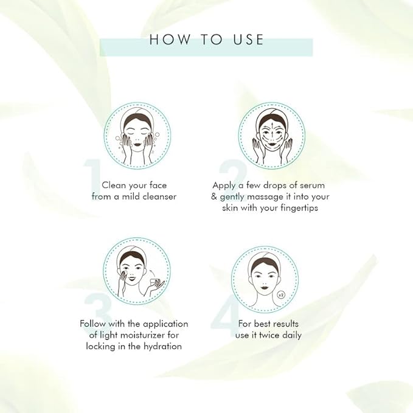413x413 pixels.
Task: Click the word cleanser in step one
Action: point(156,196)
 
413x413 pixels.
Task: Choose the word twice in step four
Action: point(268,335)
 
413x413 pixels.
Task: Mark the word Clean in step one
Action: point(113,185)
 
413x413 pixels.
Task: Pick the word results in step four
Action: point(285,324)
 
